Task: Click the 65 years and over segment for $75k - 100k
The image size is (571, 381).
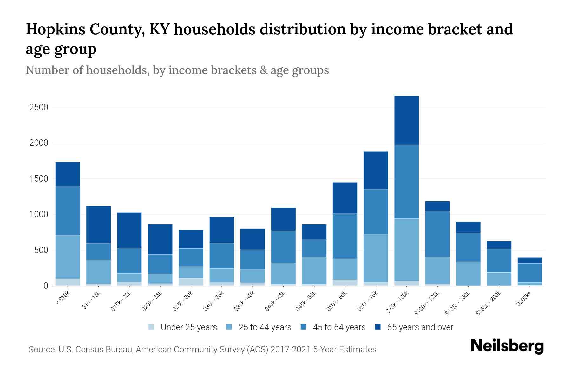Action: pos(406,120)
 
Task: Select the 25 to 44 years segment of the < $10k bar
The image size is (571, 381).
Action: pos(68,257)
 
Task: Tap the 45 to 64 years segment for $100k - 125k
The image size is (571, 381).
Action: pos(437,234)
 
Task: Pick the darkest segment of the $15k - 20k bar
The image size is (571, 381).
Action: pos(129,230)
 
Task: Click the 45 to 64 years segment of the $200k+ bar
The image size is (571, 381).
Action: pos(529,273)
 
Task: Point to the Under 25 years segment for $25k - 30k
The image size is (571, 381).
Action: pos(191,282)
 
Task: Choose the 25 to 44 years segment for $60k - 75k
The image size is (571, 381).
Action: pos(376,258)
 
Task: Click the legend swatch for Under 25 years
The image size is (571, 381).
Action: pos(152,327)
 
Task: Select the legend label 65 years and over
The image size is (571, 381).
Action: pos(420,327)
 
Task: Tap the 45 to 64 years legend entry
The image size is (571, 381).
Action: pos(339,327)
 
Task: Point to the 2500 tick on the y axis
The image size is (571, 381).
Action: pos(39,107)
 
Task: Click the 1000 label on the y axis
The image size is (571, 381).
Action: pos(39,215)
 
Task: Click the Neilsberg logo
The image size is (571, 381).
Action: pos(507,346)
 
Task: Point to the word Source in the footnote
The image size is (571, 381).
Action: pos(42,350)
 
